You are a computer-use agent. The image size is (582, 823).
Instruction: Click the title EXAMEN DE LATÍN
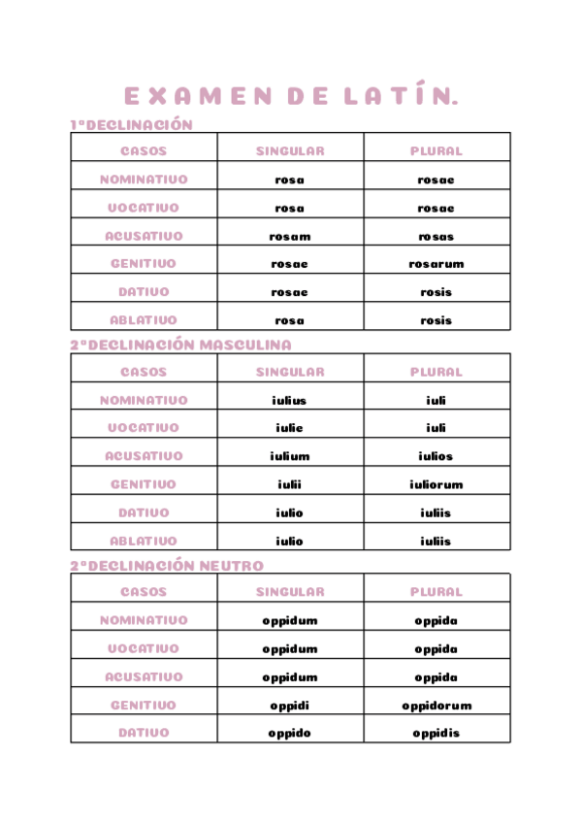pyautogui.click(x=290, y=96)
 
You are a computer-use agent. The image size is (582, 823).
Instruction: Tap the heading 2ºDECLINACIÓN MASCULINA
pyautogui.click(x=180, y=345)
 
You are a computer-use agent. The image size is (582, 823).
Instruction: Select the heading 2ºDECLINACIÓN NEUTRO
pyautogui.click(x=167, y=565)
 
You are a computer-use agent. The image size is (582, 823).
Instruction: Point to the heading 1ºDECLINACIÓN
pyautogui.click(x=132, y=124)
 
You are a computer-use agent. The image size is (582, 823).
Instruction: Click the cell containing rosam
pyautogui.click(x=290, y=236)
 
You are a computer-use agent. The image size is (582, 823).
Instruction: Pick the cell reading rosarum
pyautogui.click(x=436, y=264)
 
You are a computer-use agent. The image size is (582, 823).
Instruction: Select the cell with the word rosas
pyautogui.click(x=436, y=236)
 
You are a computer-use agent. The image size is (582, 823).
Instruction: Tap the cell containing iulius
pyautogui.click(x=290, y=400)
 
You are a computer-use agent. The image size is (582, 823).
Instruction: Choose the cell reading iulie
pyautogui.click(x=290, y=428)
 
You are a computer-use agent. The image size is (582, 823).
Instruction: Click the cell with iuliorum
pyautogui.click(x=436, y=484)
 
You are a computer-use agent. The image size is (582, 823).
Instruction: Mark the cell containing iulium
pyautogui.click(x=290, y=456)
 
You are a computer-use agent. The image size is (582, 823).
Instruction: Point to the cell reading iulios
pyautogui.click(x=436, y=456)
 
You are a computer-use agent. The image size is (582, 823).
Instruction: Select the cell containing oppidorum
pyautogui.click(x=436, y=706)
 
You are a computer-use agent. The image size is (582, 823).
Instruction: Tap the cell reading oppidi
pyautogui.click(x=290, y=706)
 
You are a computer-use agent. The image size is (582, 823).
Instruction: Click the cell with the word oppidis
pyautogui.click(x=436, y=733)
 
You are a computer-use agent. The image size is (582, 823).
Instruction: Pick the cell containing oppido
pyautogui.click(x=290, y=733)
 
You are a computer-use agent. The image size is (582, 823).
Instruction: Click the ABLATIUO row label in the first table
pyautogui.click(x=144, y=320)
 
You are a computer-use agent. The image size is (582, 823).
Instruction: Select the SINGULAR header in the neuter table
pyautogui.click(x=290, y=591)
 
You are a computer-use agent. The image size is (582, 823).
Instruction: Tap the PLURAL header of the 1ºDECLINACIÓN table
pyautogui.click(x=436, y=151)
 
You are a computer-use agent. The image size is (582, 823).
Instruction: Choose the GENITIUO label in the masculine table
pyautogui.click(x=144, y=484)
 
